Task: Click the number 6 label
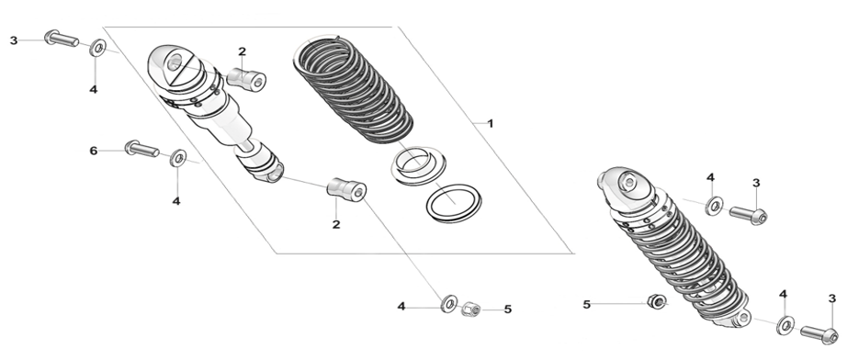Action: coord(94,151)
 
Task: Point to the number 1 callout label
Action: coord(491,124)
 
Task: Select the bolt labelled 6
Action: coord(141,148)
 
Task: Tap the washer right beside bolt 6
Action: coord(178,158)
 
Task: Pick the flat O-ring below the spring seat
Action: coord(454,204)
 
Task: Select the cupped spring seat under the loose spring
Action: coord(419,165)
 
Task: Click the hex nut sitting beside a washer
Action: coord(470,309)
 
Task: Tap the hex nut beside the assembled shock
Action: coord(656,301)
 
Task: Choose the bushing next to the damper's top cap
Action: coord(246,78)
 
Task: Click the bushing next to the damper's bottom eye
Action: coord(346,189)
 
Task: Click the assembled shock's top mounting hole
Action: coord(629,182)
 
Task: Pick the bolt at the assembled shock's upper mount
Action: coord(749,214)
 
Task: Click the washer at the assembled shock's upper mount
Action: coord(715,206)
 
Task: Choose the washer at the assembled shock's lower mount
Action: coord(786,325)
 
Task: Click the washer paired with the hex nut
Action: coord(450,304)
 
